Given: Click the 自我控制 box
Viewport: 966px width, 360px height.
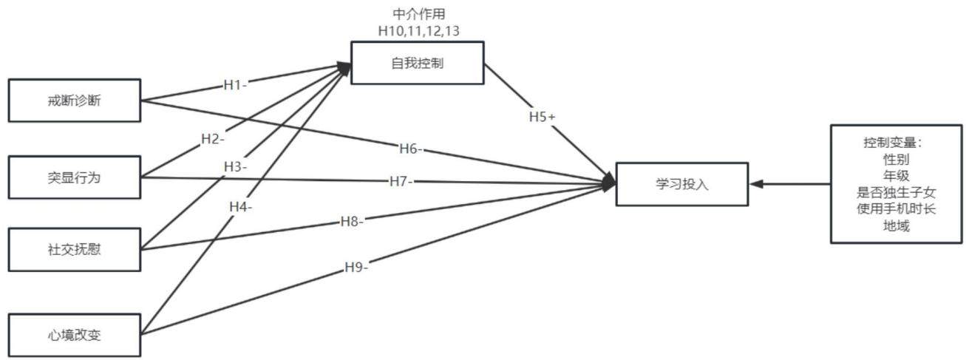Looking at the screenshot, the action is tap(418, 63).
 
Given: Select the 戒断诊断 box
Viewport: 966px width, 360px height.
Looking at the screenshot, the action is tap(75, 101).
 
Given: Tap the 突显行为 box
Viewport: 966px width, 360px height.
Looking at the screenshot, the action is tap(75, 177).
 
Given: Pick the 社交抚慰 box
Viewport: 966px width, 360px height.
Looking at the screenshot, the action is tap(75, 250).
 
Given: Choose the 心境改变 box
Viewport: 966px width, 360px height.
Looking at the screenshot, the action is tap(75, 335).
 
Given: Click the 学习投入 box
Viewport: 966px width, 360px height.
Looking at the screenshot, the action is tap(682, 184).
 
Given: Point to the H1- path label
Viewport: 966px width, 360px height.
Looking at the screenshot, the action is tap(235, 85).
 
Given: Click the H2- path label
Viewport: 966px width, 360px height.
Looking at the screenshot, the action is tap(213, 139).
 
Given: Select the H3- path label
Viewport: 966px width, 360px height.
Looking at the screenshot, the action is tap(235, 166).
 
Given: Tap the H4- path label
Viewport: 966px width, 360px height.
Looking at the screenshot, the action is tap(240, 207).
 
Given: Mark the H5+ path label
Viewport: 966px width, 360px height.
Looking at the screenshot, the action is tap(542, 116).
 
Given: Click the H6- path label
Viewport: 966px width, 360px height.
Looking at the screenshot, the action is tap(410, 149).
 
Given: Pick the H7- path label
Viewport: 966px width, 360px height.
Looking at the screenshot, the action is tap(401, 182).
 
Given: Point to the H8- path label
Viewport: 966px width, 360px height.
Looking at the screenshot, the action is tap(352, 222).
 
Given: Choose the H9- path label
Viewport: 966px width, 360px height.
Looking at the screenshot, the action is tap(356, 268).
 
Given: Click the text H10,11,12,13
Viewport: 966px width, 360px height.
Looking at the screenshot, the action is tap(419, 31).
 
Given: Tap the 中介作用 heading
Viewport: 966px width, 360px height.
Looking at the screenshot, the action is tap(419, 14).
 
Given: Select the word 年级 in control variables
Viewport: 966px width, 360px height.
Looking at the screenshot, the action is tap(896, 175).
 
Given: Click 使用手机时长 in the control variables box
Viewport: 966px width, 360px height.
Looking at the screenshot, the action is tap(896, 208).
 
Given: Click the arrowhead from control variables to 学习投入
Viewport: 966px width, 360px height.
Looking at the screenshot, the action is tap(757, 184).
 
